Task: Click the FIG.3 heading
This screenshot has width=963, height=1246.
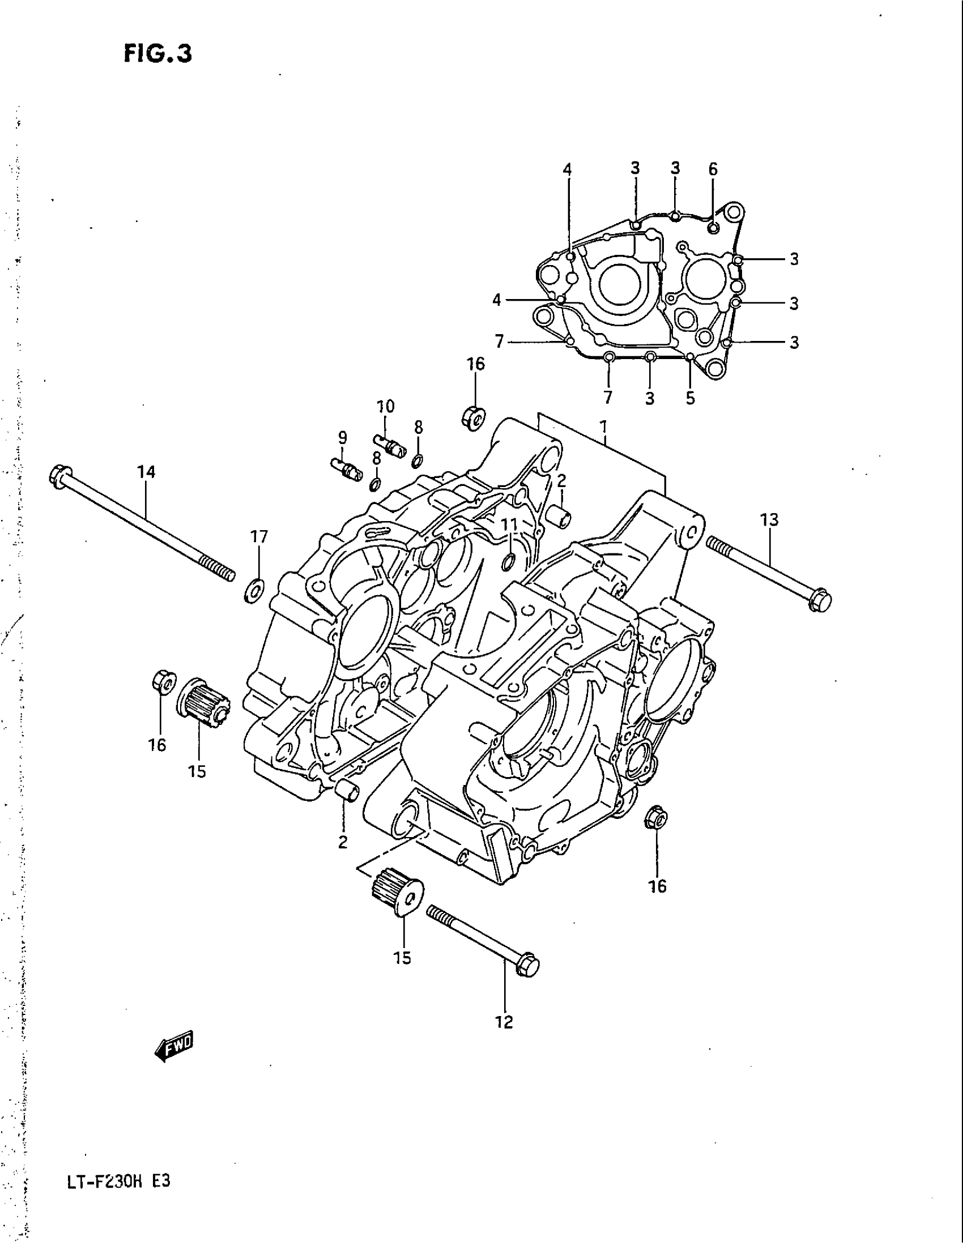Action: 157,54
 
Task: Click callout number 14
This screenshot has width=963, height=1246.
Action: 146,472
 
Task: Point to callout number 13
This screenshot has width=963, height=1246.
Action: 769,520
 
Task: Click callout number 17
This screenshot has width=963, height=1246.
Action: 259,537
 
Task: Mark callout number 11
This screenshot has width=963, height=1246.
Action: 509,524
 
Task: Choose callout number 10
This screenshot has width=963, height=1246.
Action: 385,406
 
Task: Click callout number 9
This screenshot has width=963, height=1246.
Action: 342,438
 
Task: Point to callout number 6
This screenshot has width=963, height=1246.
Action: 713,169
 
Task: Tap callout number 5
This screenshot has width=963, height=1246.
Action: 691,398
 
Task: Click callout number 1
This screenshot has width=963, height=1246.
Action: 603,426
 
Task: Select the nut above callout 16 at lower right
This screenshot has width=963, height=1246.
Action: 656,821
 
